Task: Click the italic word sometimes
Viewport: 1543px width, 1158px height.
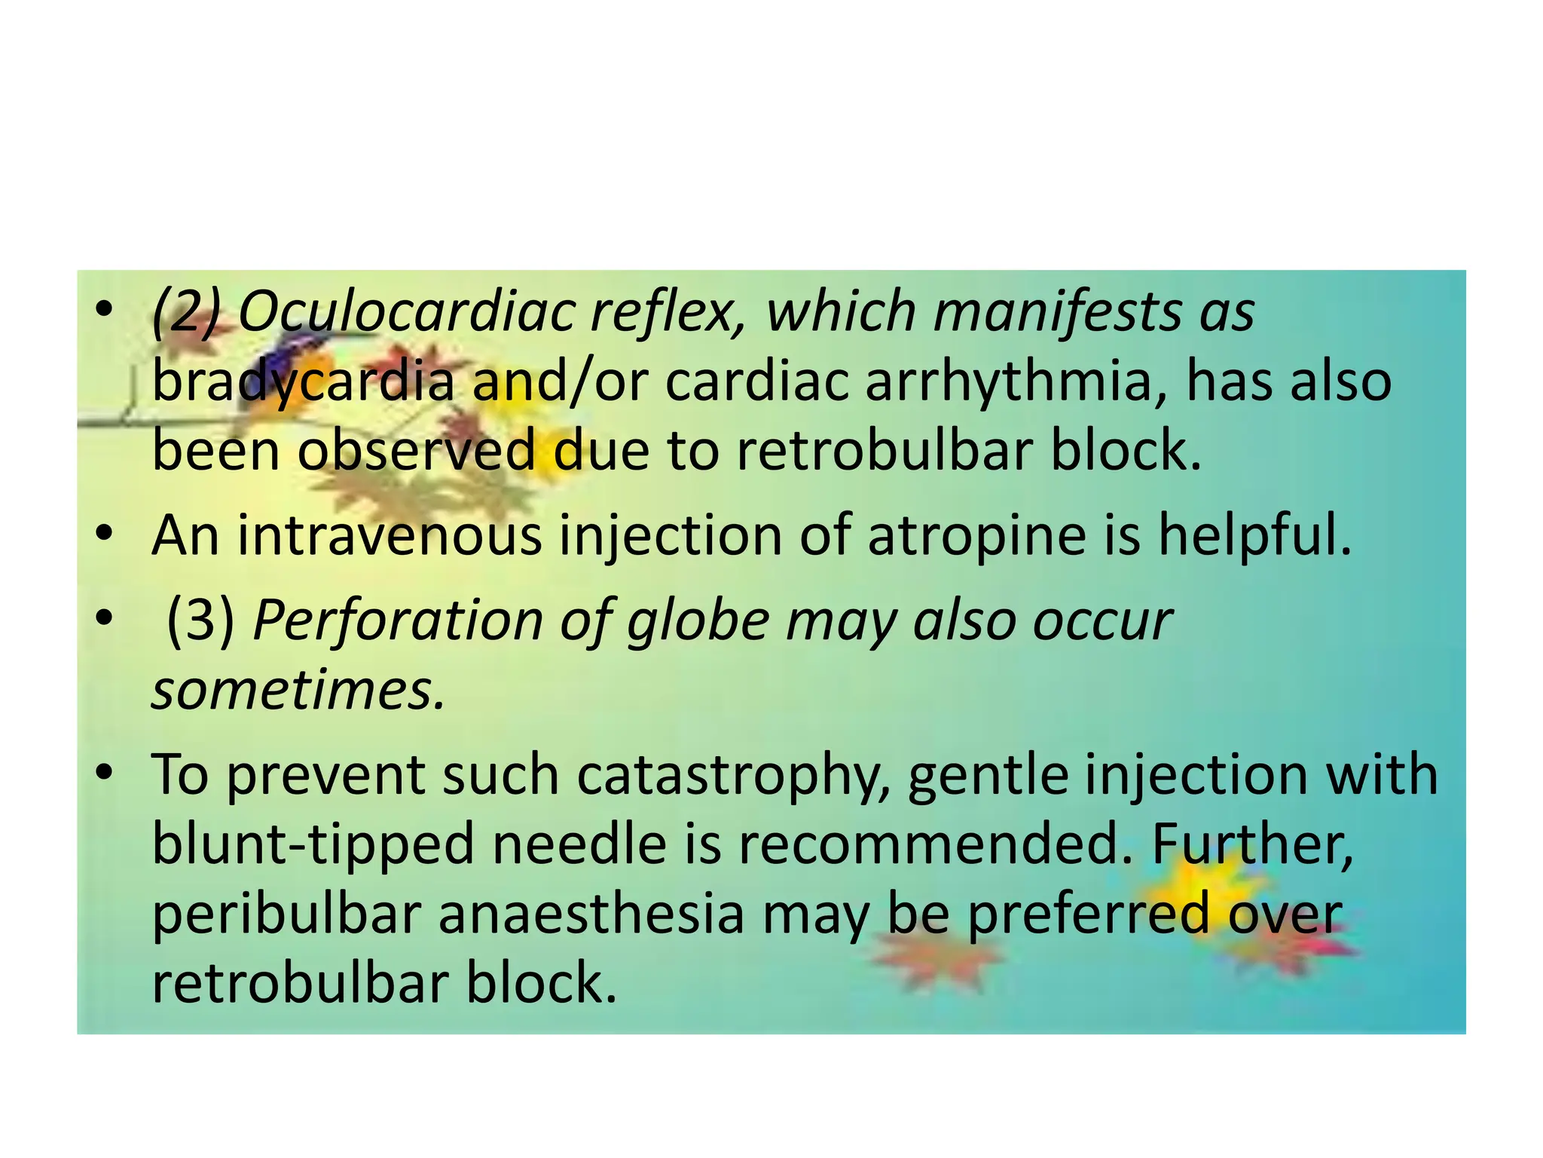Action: (298, 690)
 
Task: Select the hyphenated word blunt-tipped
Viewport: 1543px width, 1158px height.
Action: (313, 844)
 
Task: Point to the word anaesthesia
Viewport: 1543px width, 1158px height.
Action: (591, 914)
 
